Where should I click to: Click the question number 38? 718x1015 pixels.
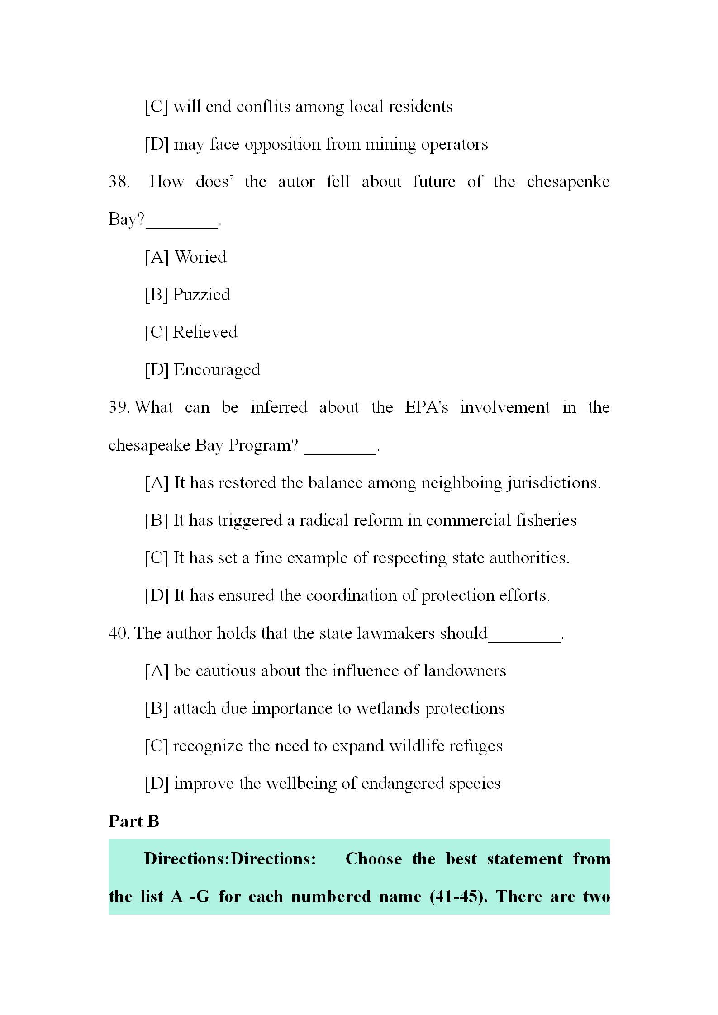(x=119, y=182)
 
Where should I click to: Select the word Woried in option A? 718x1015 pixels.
(x=200, y=257)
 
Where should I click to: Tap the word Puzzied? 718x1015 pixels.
(x=201, y=295)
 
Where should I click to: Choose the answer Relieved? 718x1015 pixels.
(x=205, y=332)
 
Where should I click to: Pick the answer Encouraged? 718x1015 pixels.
(x=217, y=370)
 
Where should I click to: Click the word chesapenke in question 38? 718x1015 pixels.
(x=568, y=182)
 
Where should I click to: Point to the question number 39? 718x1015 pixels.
(x=119, y=407)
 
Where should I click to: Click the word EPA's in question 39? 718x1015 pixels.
(x=426, y=407)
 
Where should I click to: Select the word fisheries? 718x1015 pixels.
(x=546, y=520)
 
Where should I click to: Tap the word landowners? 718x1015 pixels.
(x=465, y=671)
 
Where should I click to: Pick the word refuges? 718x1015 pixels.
(x=475, y=746)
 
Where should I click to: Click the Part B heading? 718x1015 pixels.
(x=134, y=821)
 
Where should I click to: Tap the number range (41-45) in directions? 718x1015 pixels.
(x=458, y=896)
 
